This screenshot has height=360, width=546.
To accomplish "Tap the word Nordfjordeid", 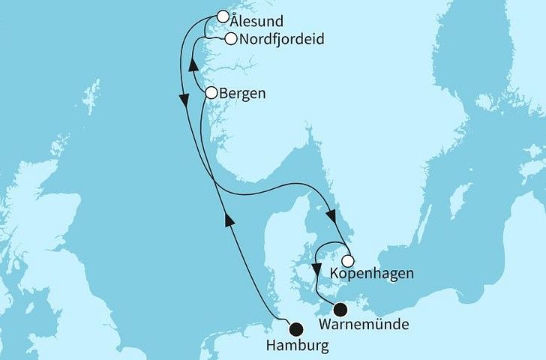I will pos(281,40).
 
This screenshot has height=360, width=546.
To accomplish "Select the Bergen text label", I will pos(242,94).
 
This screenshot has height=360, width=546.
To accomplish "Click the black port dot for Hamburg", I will pos(297,327).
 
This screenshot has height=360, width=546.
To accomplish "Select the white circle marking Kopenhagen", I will pos(347,261).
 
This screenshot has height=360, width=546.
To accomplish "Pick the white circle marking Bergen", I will pos(211,93).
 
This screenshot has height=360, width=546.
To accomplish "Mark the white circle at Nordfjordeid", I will pos(230,39).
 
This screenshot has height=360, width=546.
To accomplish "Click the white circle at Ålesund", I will pos(223,16).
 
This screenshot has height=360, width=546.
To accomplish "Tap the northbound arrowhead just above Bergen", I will pos(193,67).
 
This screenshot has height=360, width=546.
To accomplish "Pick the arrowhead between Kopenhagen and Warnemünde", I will pos(317,267).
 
